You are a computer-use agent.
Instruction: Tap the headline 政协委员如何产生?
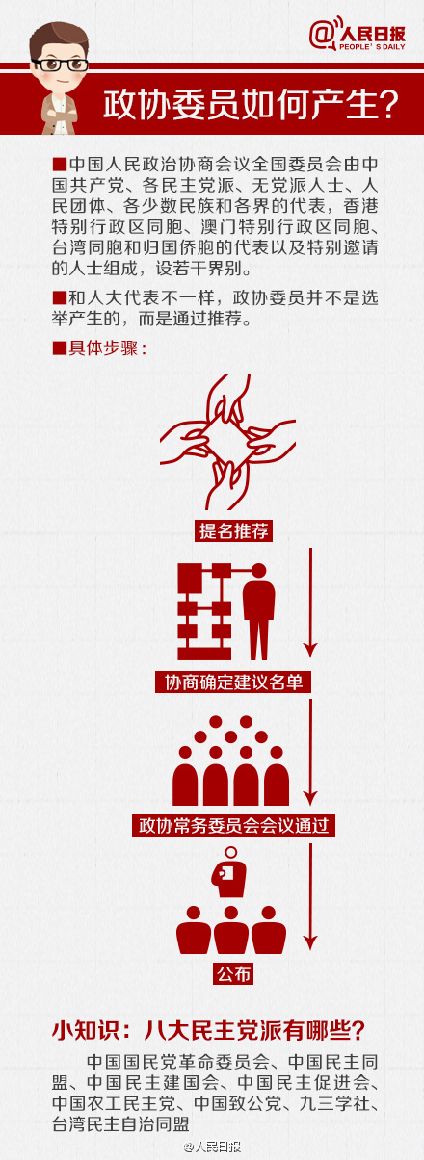click(x=251, y=105)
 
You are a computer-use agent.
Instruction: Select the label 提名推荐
click(x=234, y=530)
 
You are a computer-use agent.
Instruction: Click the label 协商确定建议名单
click(x=233, y=682)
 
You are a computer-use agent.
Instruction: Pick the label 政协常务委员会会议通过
click(x=233, y=825)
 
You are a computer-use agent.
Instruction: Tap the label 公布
click(x=233, y=974)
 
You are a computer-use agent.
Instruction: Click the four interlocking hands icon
click(x=227, y=442)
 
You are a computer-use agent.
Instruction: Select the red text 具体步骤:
click(x=99, y=348)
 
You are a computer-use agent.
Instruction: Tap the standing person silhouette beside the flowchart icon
click(x=258, y=611)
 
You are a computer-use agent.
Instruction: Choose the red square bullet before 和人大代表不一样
click(x=60, y=297)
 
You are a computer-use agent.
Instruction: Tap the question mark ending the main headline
click(x=387, y=105)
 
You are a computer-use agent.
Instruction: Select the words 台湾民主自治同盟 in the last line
click(x=120, y=1123)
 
